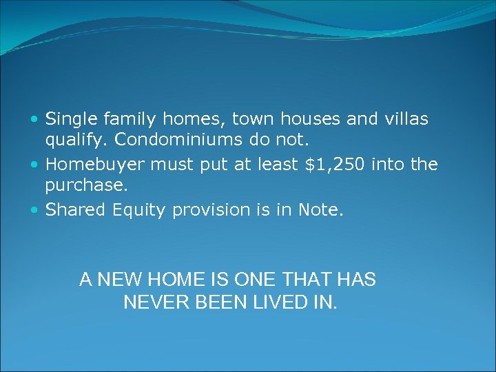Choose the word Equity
138,210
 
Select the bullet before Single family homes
35,120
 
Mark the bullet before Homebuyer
35,165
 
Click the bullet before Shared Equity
35,210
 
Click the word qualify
74,141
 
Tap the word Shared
72,209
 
